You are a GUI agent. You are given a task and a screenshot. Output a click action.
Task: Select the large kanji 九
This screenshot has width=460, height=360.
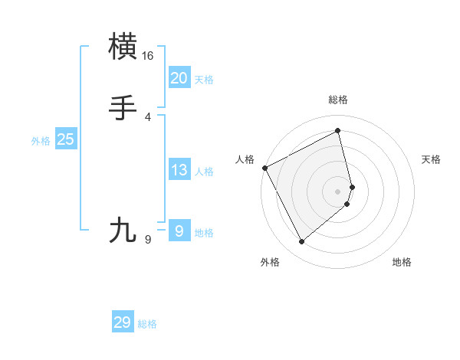(x=124, y=230)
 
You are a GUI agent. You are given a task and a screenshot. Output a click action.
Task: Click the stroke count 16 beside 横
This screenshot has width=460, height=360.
(x=148, y=56)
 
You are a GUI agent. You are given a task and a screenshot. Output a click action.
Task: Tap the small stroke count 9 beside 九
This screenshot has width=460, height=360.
(x=147, y=240)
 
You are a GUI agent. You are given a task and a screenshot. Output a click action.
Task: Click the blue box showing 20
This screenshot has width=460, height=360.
(x=179, y=78)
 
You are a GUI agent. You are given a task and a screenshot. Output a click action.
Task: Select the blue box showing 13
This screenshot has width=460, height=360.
(x=179, y=170)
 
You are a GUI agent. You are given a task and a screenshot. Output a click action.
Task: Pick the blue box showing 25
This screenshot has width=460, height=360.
(x=66, y=139)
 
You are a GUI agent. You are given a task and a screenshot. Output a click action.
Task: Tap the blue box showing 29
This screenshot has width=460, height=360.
(x=123, y=322)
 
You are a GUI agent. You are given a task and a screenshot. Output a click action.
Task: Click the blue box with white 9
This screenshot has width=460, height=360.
(x=179, y=231)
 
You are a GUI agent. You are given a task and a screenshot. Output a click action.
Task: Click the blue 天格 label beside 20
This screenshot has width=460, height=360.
(x=204, y=80)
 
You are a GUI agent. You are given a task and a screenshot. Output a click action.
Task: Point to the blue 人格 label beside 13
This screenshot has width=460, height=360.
(x=204, y=172)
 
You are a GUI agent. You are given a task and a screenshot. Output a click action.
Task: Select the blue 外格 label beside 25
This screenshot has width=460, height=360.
(x=41, y=141)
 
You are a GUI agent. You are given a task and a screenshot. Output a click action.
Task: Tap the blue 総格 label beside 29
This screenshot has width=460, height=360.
(x=147, y=324)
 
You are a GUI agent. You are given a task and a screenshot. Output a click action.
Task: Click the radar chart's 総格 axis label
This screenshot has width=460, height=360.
(x=338, y=100)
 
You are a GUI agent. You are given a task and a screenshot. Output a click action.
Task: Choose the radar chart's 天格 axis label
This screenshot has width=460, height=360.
(x=432, y=159)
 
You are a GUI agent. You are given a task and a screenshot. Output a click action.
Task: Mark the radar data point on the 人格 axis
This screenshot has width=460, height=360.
(x=264, y=168)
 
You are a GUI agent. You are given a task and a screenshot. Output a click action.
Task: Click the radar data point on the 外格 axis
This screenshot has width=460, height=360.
(x=301, y=242)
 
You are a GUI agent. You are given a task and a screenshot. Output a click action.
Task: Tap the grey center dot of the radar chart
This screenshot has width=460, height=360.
(x=338, y=191)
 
